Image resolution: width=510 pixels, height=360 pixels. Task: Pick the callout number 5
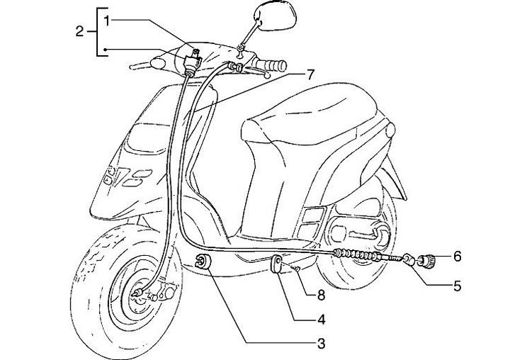click(457, 286)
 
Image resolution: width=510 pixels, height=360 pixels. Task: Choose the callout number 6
click(457, 255)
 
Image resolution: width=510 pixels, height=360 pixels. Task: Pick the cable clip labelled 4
click(278, 266)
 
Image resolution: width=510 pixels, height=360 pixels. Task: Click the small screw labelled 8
click(298, 270)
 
